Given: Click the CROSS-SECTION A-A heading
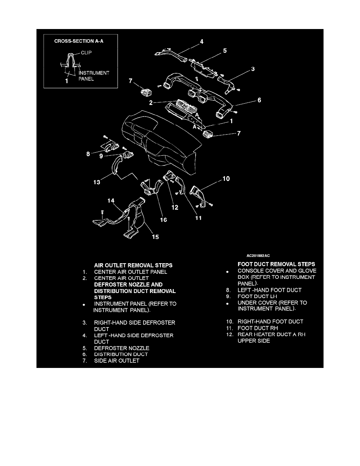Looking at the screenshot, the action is pos(79,41).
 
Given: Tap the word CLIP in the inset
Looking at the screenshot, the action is pos(86,53).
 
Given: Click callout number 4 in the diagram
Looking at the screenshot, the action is pos(202,42).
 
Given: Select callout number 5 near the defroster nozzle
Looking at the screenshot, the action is pos(225,51).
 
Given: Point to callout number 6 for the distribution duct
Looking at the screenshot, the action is pos(259,100).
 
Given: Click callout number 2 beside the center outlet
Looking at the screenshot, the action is pos(151,103).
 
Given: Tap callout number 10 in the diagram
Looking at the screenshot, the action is pos(226,178).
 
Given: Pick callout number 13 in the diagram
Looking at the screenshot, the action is pos(97,182).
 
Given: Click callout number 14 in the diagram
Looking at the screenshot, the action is pos(111,200).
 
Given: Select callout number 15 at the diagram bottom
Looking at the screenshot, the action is pos(155,237).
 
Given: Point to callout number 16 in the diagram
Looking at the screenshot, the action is pos(164,220).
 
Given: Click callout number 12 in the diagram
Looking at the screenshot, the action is pos(175,208).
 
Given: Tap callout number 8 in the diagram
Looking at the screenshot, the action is pos(88,154).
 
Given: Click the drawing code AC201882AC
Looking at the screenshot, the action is pos(258,256).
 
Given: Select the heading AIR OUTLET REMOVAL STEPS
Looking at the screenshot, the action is pos(133,266).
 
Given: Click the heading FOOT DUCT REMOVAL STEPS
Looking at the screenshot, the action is pos(276,264).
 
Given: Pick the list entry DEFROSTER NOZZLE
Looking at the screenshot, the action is pos(122,348).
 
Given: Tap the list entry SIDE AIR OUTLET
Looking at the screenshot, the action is pos(117,361).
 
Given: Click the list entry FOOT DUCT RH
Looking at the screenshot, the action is pos(258,328).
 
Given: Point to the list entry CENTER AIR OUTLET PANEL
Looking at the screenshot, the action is pos(131,272).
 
